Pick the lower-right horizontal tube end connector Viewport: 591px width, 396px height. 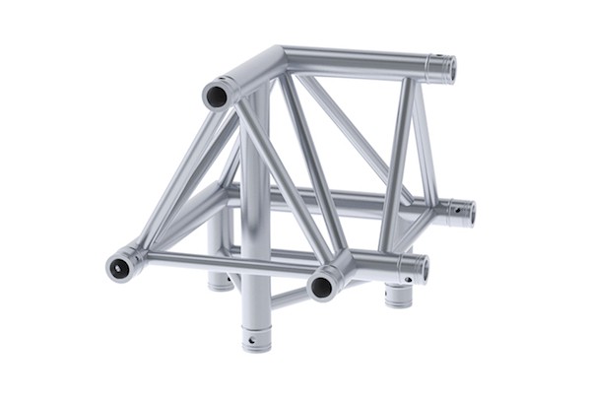pos(414,266)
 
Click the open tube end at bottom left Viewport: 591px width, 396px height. pos(121,265)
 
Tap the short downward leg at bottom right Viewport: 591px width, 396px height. pos(398,295)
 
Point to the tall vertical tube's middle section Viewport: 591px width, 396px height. pos(254,197)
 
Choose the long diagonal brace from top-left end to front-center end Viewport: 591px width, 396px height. pos(280,186)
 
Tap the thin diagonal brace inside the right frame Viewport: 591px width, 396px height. pos(350,133)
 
